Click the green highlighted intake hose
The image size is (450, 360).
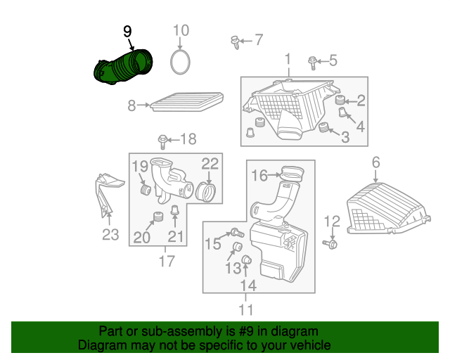(123, 67)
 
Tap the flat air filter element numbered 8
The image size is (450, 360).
(187, 102)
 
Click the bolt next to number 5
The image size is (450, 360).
(312, 63)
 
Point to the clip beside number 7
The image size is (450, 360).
(236, 42)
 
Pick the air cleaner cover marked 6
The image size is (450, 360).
(388, 209)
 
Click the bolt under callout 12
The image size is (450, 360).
(330, 244)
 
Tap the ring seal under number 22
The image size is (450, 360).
(205, 193)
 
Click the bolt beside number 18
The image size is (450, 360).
(162, 141)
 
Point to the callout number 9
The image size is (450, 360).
(127, 32)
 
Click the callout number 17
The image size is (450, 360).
(167, 262)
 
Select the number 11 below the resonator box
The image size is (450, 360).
(246, 310)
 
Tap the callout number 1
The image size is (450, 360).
(288, 60)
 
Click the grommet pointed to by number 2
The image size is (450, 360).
(340, 100)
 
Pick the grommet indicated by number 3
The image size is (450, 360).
(323, 127)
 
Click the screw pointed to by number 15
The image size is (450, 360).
(238, 232)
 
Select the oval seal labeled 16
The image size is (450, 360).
(292, 174)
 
